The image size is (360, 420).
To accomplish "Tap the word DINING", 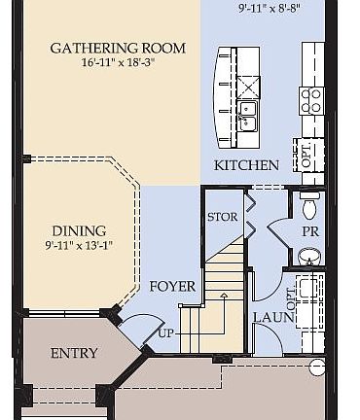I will click(x=78, y=230).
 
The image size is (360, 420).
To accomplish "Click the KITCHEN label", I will click(x=247, y=166).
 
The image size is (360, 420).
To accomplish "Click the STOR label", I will click(x=222, y=216).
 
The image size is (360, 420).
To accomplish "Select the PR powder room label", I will click(x=310, y=232).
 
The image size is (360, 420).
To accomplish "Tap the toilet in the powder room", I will click(x=310, y=206).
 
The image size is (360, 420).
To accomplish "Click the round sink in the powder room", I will click(x=309, y=257).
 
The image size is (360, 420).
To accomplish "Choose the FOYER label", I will click(x=172, y=287).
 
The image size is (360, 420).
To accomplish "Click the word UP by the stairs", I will click(x=165, y=332).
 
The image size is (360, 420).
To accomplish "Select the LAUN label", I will click(x=269, y=317).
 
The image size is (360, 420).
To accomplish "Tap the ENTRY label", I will click(x=74, y=353).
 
